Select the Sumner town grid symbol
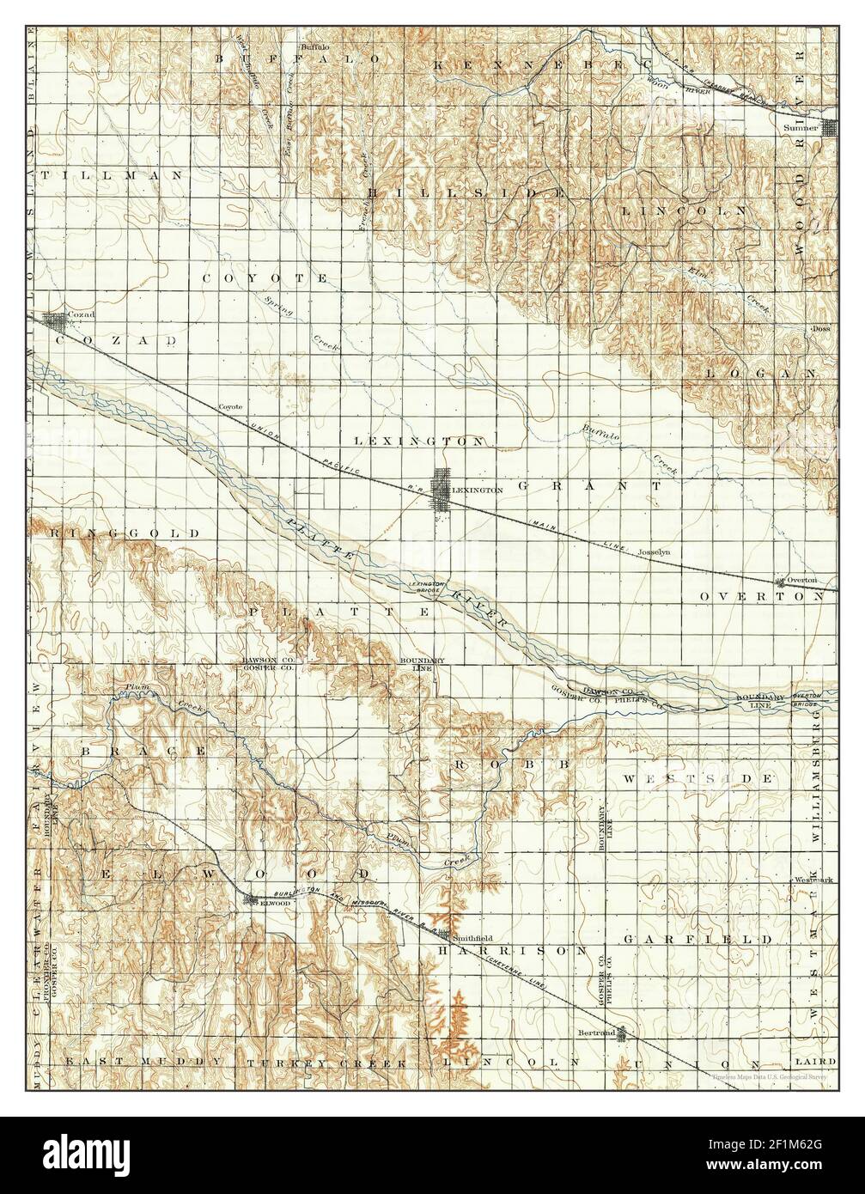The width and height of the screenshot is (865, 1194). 831,128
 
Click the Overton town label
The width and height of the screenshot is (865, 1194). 802,580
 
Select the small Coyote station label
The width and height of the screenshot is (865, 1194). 230,406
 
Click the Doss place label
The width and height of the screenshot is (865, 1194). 821,328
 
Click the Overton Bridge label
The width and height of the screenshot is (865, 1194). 806,698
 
